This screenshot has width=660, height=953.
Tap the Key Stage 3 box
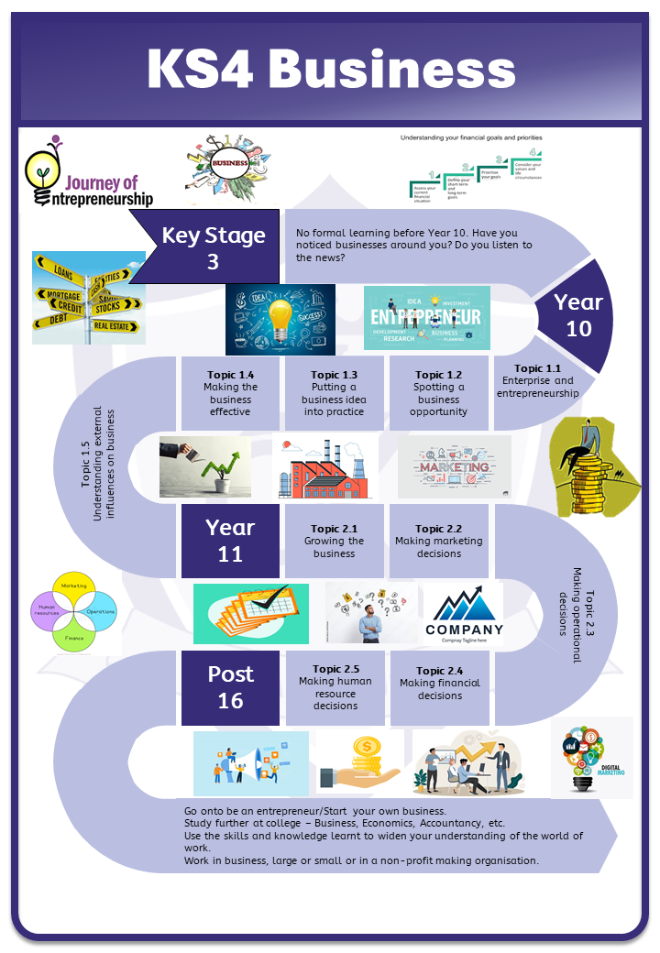(213, 247)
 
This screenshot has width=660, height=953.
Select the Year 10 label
(578, 314)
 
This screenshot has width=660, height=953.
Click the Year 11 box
(230, 540)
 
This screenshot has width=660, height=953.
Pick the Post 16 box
(230, 686)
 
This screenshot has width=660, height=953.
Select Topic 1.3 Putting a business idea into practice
(334, 393)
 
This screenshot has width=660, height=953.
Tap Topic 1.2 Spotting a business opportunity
(438, 393)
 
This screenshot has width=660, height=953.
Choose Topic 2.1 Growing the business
(334, 541)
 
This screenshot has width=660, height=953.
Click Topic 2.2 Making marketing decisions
(438, 541)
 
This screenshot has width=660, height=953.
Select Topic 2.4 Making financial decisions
(439, 684)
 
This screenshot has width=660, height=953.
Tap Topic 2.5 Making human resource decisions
(335, 687)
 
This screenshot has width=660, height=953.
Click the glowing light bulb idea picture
(280, 319)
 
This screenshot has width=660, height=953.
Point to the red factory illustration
(325, 467)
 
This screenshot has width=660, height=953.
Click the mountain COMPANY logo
(464, 613)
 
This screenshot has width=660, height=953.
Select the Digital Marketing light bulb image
(591, 756)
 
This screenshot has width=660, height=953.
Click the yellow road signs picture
(88, 297)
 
